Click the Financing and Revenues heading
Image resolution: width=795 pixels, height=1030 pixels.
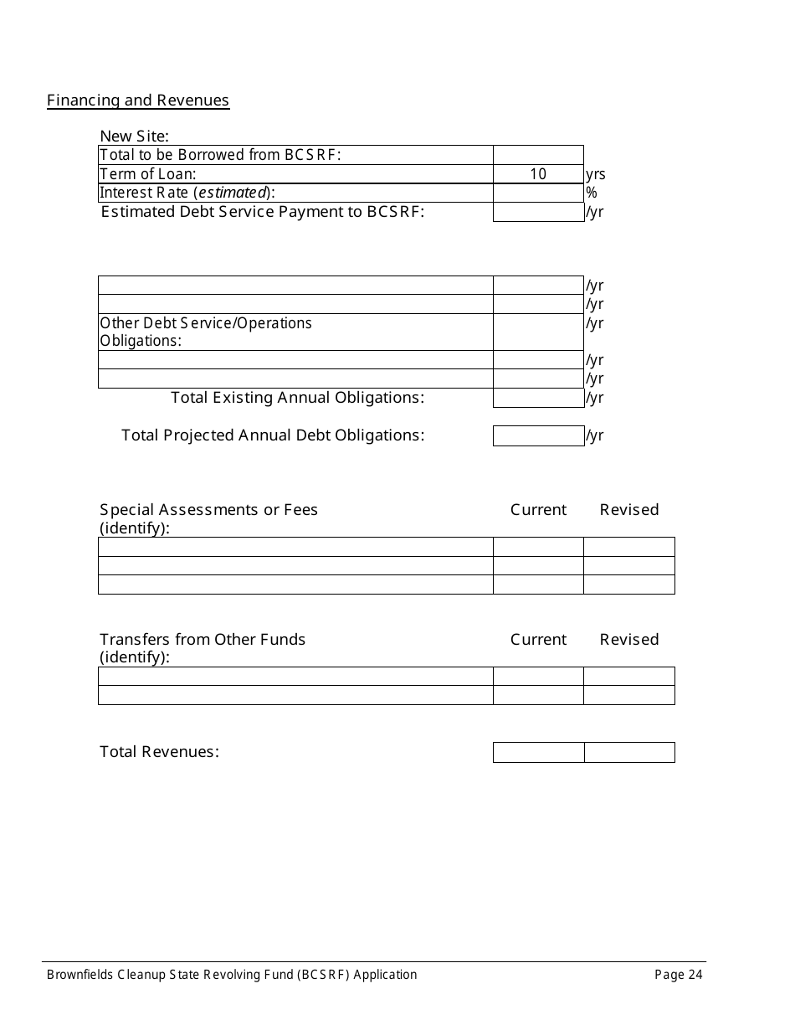tap(138, 100)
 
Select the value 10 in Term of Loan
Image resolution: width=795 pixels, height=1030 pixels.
tap(538, 174)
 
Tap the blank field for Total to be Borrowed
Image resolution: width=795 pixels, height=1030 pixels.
tap(538, 155)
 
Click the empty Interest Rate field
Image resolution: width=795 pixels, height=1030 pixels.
tap(538, 193)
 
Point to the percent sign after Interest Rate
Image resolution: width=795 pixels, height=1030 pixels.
tap(592, 193)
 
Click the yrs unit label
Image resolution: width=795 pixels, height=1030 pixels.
tap(596, 174)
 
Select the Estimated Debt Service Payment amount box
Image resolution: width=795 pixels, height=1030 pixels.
tap(538, 212)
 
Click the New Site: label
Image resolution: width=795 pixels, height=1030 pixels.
tap(134, 136)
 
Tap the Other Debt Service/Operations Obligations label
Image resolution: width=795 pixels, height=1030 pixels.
tap(206, 332)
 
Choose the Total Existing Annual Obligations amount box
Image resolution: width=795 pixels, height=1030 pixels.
tap(538, 398)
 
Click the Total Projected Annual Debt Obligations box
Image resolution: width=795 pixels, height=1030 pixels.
tap(538, 435)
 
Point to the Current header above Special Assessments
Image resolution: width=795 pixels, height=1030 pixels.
tap(538, 509)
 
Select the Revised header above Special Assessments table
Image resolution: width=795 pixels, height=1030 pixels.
tap(629, 509)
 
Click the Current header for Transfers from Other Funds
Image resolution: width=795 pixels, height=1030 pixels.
tap(538, 639)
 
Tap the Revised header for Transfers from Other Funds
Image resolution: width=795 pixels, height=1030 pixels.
tap(629, 639)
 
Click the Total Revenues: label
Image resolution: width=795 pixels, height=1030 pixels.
tap(159, 751)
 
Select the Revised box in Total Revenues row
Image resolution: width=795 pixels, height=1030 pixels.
tap(629, 752)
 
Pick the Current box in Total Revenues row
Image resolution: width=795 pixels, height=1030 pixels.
tap(538, 752)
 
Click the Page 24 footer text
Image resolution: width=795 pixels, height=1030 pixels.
tap(679, 974)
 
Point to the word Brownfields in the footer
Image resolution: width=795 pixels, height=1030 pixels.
tap(80, 974)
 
